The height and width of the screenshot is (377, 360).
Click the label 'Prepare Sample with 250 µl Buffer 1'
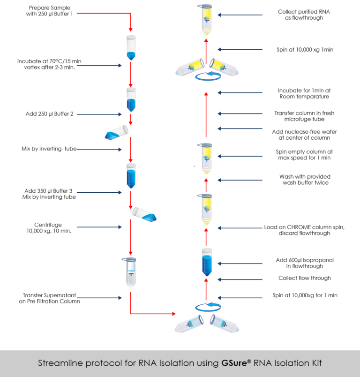[50, 11]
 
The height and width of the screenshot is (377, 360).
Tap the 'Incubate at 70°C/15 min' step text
[45, 64]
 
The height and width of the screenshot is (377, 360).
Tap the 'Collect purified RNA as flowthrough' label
[303, 15]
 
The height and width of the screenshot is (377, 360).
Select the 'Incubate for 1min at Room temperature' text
[304, 94]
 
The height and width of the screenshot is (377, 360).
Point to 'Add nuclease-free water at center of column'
[304, 135]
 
